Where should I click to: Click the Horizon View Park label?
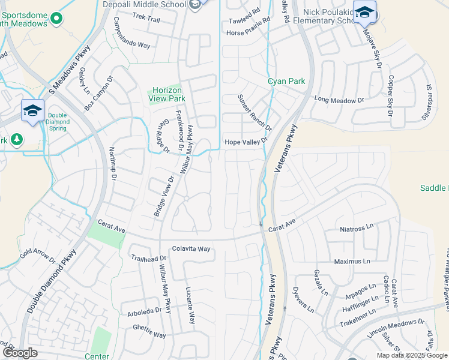click(x=167, y=94)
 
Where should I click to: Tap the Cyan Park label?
click(x=286, y=81)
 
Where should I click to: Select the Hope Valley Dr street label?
click(x=246, y=142)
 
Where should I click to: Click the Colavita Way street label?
click(x=191, y=248)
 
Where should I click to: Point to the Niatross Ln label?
click(x=356, y=228)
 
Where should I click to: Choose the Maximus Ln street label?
click(x=352, y=262)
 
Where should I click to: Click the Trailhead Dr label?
click(x=148, y=257)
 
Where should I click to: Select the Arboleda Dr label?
click(x=145, y=312)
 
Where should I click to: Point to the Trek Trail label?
click(x=146, y=19)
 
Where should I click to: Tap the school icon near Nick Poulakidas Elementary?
click(x=364, y=12)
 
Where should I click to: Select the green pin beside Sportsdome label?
click(x=57, y=19)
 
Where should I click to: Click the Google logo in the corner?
click(x=20, y=353)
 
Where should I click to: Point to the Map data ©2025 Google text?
click(x=411, y=355)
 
